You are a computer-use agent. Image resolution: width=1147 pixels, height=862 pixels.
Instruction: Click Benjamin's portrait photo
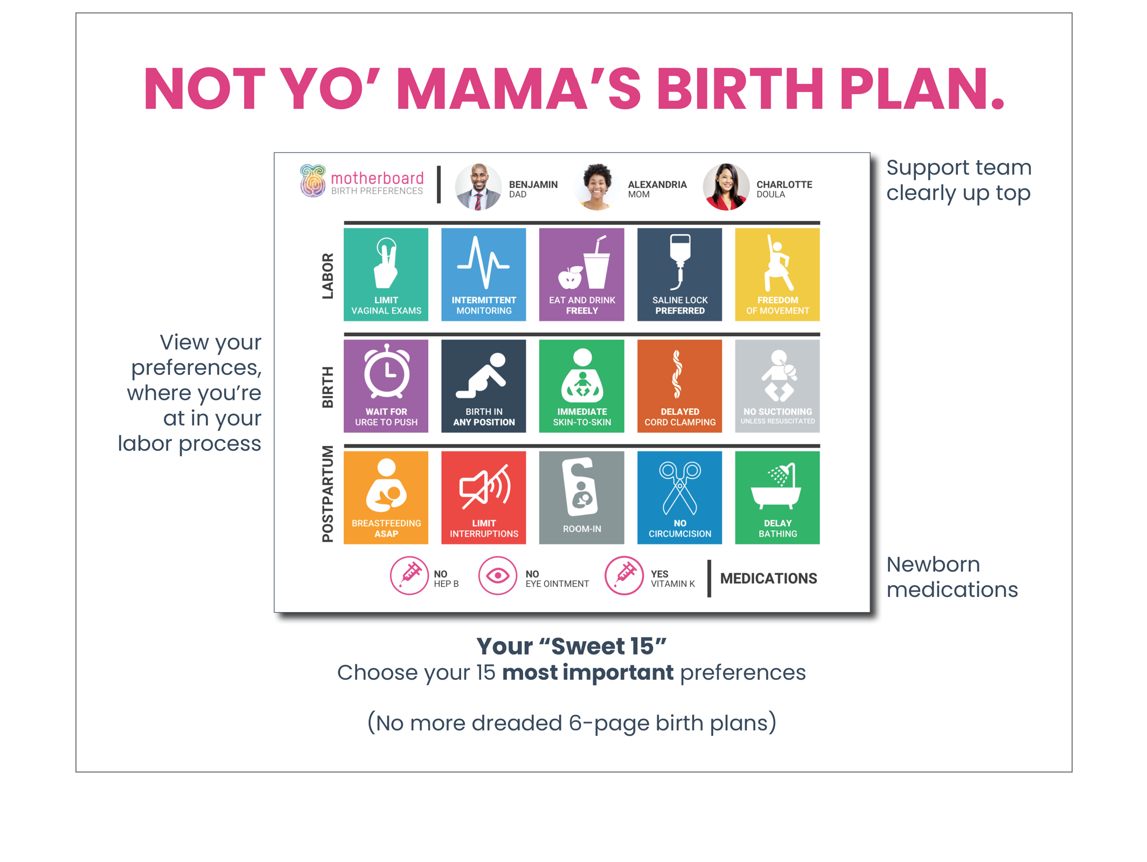click(x=478, y=186)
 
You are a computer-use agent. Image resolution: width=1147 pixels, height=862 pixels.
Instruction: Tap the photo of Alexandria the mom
click(x=596, y=186)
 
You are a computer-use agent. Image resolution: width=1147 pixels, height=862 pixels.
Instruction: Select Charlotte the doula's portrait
click(x=726, y=186)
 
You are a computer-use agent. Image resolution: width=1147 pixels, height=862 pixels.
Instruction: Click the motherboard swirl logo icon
click(x=312, y=180)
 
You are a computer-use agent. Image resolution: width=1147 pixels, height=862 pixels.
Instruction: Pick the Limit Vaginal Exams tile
click(x=386, y=274)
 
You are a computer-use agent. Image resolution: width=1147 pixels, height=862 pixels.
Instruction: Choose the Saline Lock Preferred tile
click(x=679, y=274)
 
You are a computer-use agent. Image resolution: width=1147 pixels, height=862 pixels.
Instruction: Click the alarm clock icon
click(x=386, y=371)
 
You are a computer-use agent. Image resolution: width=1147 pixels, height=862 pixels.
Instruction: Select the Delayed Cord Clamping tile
click(x=679, y=386)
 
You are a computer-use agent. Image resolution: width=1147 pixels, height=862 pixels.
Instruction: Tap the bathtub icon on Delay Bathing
click(x=776, y=486)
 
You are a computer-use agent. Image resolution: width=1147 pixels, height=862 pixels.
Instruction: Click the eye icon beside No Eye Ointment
click(x=497, y=575)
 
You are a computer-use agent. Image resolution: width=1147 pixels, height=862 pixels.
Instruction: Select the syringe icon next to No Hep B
click(x=409, y=575)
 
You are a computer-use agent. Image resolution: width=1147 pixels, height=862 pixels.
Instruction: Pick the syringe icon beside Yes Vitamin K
click(x=624, y=575)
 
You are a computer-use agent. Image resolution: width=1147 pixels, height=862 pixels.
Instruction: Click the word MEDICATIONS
click(x=768, y=578)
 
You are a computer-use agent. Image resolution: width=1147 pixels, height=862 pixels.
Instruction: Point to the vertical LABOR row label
click(x=328, y=275)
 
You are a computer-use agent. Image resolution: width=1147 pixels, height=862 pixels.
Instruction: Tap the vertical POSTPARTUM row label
click(x=328, y=493)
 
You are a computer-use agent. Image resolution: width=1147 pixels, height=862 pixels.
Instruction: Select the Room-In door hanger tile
click(x=581, y=497)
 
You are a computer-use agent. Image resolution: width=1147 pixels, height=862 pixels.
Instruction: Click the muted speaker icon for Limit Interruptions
click(x=484, y=486)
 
